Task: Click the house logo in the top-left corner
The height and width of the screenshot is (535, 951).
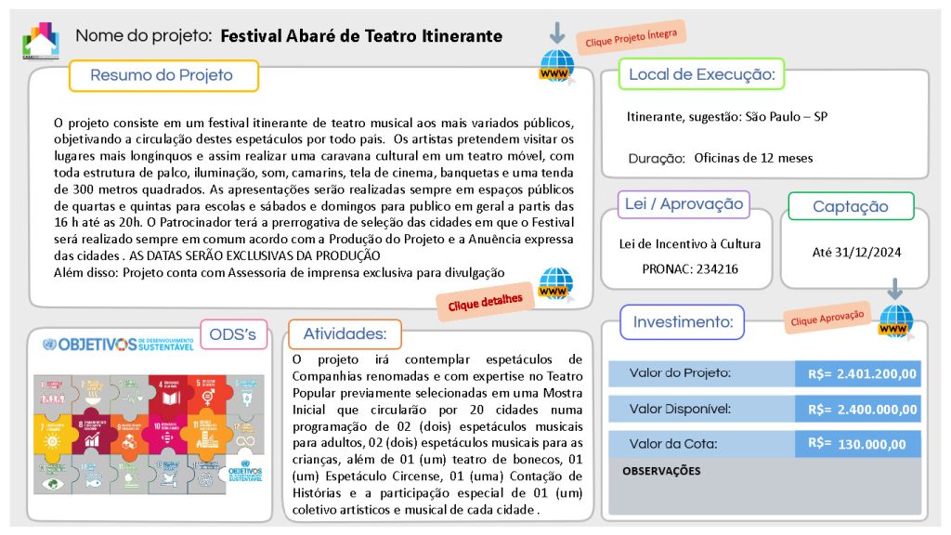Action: coord(40,40)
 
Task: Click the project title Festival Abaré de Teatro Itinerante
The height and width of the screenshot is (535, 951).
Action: coord(361,36)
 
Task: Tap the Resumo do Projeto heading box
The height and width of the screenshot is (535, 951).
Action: coord(163,75)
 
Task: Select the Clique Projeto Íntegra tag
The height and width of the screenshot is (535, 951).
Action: coord(631,38)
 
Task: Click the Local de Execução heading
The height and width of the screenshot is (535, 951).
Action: coord(701,74)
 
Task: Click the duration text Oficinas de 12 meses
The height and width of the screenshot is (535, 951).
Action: coord(753,158)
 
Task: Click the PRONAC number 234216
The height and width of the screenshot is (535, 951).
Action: coord(711,267)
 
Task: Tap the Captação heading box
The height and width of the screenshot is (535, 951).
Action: coord(850,207)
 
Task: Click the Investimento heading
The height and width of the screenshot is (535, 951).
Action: coord(683,322)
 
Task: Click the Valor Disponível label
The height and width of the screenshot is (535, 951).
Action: coord(680,409)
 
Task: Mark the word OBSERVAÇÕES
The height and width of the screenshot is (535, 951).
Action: coord(661,471)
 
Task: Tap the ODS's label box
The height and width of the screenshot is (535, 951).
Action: coord(233,334)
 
